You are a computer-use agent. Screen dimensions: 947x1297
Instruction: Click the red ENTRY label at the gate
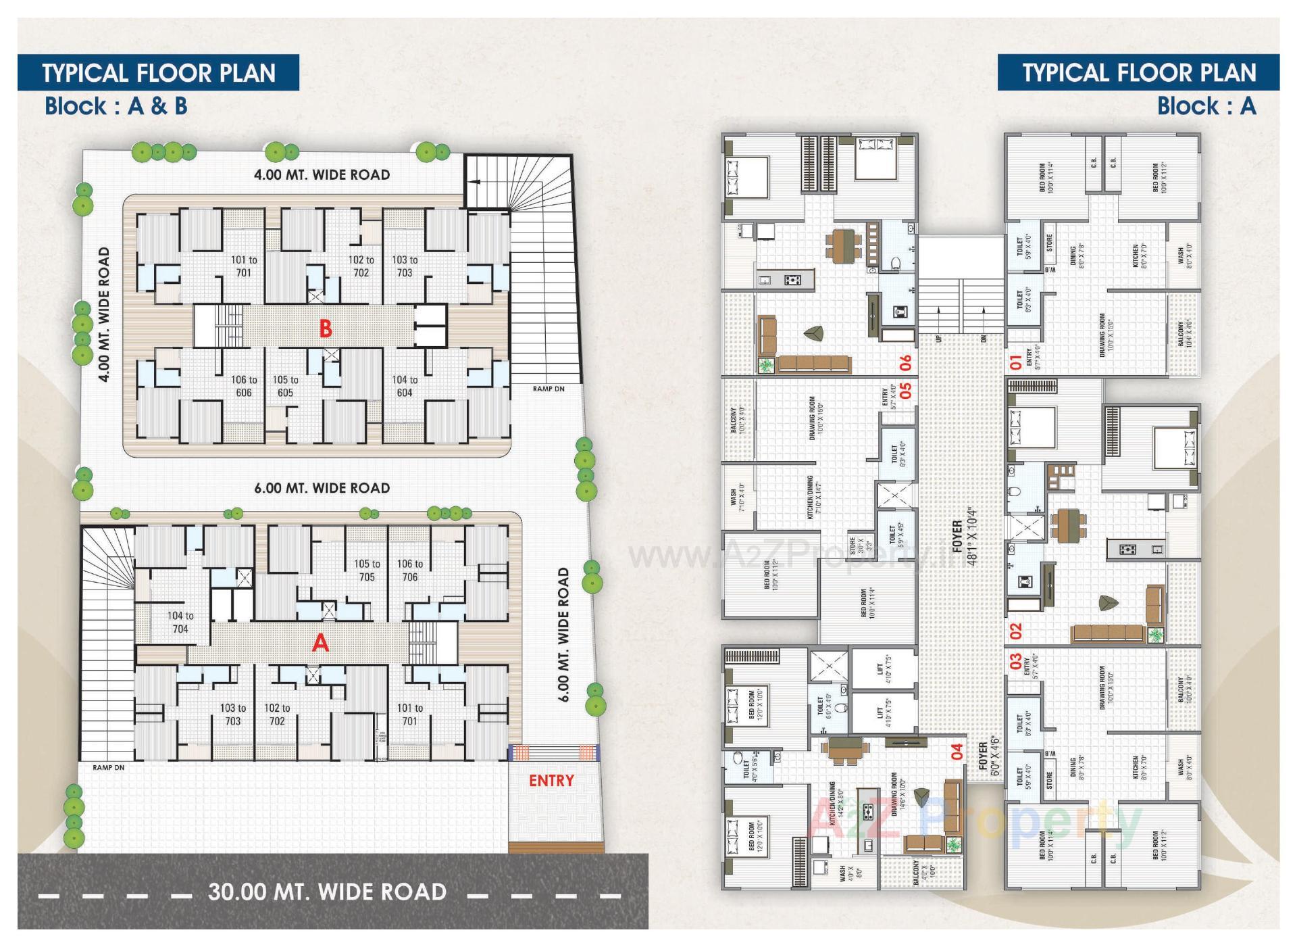551,781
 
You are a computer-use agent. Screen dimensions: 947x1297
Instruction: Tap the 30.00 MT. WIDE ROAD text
327,892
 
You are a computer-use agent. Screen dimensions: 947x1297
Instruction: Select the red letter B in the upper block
326,329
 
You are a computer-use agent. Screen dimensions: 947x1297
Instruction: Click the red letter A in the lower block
320,643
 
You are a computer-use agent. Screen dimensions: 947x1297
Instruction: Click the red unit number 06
906,363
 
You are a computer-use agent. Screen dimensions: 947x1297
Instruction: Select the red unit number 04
957,752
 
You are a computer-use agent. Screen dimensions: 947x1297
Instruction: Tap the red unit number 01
1016,363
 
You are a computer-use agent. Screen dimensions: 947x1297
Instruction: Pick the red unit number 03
1016,662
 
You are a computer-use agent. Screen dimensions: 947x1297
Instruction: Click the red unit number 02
1016,631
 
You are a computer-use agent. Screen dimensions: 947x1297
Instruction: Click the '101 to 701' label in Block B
244,266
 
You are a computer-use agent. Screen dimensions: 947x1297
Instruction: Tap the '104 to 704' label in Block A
180,622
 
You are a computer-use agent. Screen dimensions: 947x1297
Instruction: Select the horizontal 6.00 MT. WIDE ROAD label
322,488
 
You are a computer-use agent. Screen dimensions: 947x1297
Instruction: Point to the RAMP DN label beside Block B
548,389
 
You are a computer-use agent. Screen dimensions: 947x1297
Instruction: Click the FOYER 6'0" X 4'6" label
988,758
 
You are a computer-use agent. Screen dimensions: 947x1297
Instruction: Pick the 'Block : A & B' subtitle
116,106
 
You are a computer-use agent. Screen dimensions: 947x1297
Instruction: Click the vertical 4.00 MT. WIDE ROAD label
103,314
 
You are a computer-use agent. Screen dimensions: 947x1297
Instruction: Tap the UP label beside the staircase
939,337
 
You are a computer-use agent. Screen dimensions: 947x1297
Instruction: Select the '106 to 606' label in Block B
244,386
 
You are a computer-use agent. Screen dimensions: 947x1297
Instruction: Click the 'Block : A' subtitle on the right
1206,106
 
